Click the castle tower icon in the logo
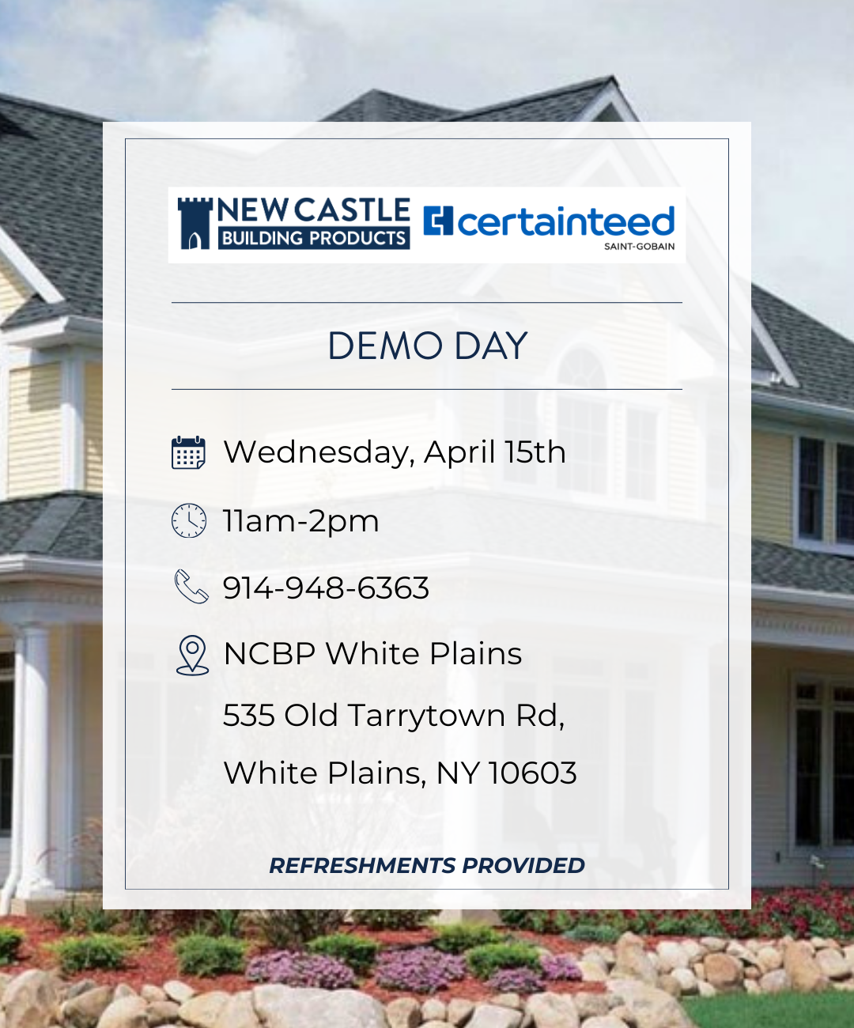[x=195, y=224]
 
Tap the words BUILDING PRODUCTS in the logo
[x=314, y=238]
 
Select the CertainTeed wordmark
[x=566, y=221]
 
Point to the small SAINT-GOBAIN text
[x=640, y=246]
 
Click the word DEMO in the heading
[x=385, y=346]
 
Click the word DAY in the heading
[x=490, y=346]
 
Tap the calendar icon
[x=188, y=452]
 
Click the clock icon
[x=189, y=520]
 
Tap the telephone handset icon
[x=191, y=587]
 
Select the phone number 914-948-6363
[x=326, y=588]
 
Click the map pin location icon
[x=192, y=656]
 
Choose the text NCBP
[x=269, y=654]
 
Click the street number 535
[x=248, y=716]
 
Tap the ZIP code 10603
[x=533, y=773]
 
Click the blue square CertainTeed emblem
[x=438, y=221]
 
